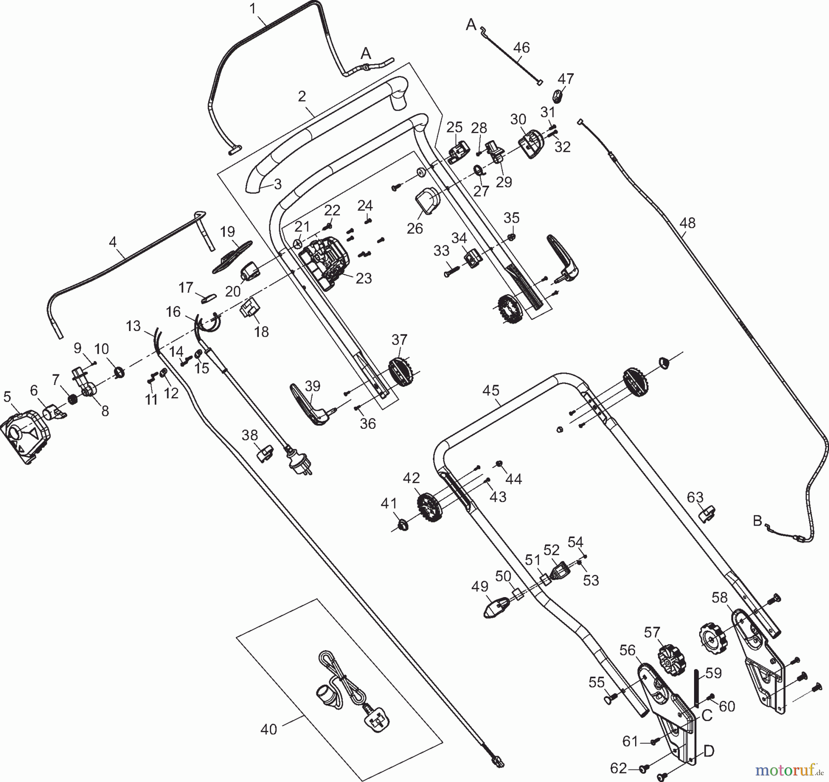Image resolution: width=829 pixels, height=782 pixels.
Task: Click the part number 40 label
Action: click(x=269, y=729)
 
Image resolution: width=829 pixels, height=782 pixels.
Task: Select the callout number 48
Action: click(x=687, y=223)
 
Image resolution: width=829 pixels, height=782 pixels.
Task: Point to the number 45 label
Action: click(x=490, y=391)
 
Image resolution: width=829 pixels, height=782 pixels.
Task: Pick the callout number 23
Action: click(x=363, y=278)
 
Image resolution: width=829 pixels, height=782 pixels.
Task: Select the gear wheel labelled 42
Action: click(x=430, y=508)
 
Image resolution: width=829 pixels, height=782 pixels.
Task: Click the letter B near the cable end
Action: click(x=757, y=521)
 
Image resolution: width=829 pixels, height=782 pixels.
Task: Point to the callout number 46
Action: click(x=521, y=47)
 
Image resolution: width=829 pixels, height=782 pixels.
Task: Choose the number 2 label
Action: click(x=302, y=96)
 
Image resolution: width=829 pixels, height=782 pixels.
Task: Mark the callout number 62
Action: click(x=619, y=768)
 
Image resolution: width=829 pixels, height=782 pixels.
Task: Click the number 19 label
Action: click(x=228, y=231)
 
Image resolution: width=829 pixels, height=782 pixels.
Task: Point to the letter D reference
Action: click(x=709, y=752)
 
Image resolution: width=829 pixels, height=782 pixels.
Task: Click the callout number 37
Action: click(x=399, y=340)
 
